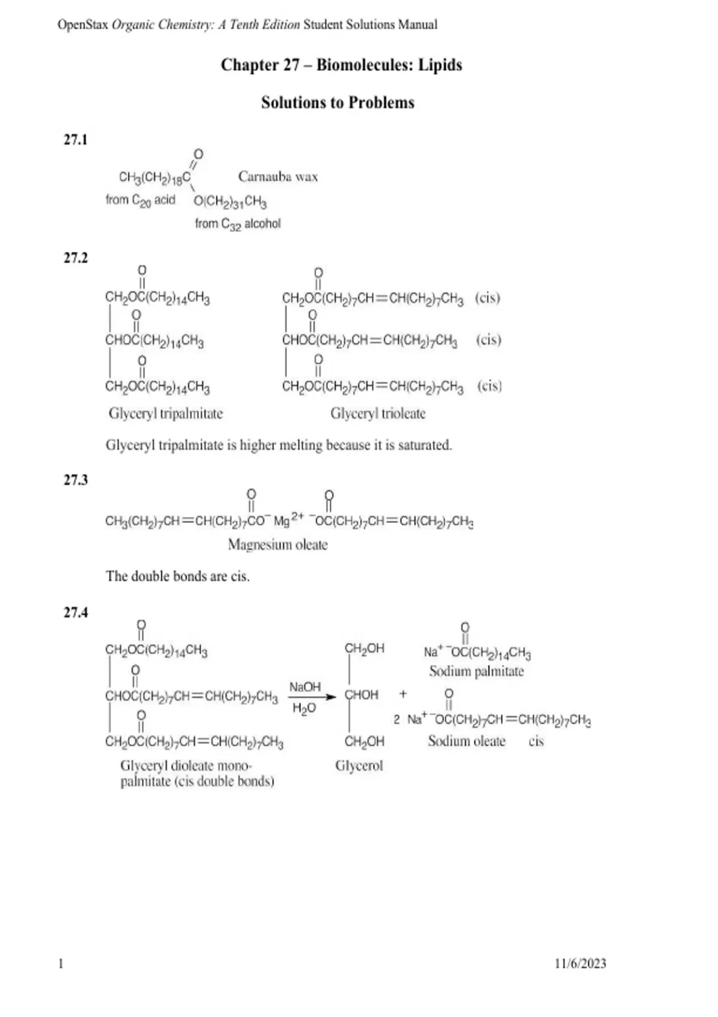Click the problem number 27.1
(75, 140)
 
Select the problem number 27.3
(75, 480)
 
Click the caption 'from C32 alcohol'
(238, 224)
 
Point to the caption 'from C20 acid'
(141, 200)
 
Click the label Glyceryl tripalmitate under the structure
(166, 413)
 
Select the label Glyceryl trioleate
(378, 413)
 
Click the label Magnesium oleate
(278, 544)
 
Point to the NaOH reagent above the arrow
(305, 687)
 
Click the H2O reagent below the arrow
(305, 708)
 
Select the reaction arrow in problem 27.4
(312, 697)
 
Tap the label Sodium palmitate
(476, 671)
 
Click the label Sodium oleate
(467, 741)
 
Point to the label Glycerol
(359, 766)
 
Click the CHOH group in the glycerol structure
(361, 695)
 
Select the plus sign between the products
(403, 694)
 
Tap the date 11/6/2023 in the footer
(580, 963)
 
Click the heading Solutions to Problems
(337, 103)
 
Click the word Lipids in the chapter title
(440, 65)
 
